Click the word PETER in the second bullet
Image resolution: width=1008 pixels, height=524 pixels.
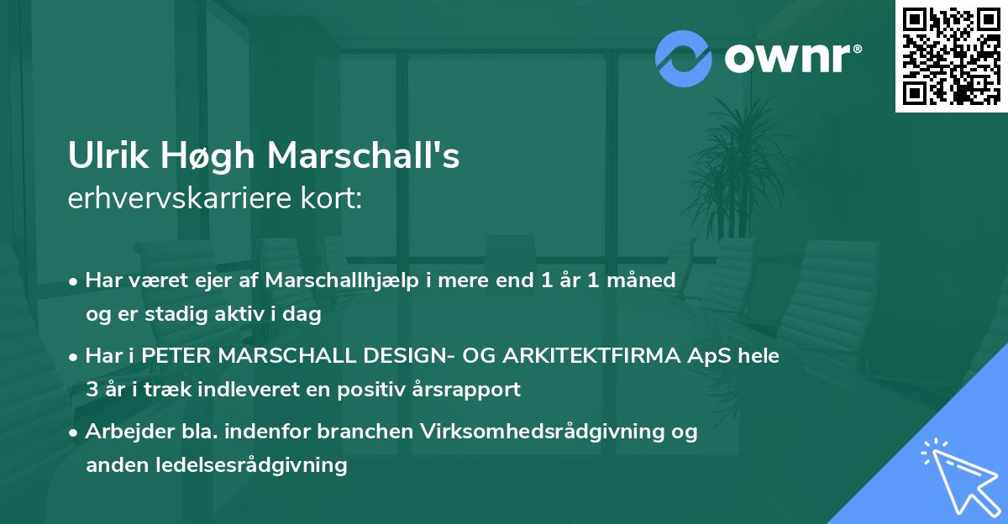click(175, 356)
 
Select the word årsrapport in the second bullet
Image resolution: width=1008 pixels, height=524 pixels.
click(475, 390)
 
